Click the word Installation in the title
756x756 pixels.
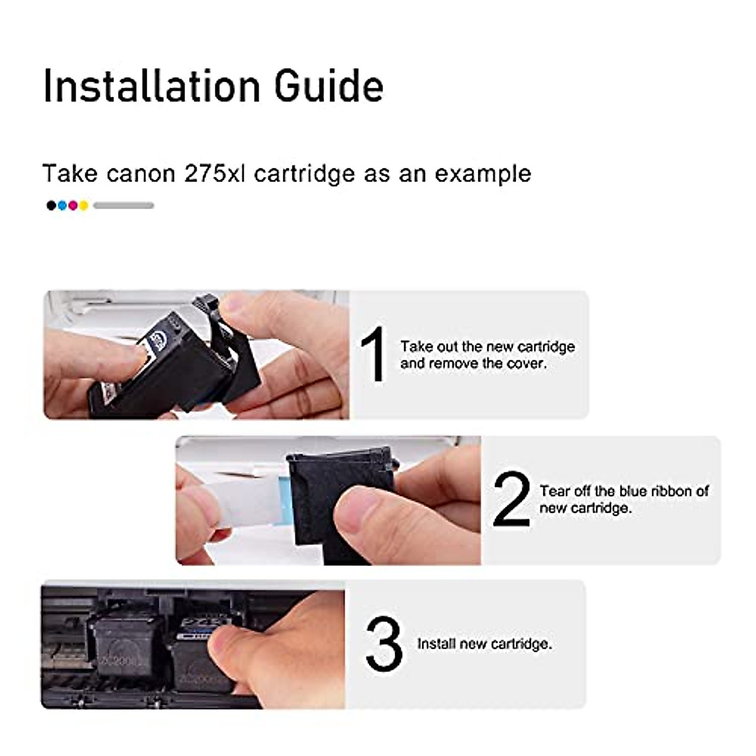pos(151,86)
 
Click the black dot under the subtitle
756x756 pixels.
pos(51,205)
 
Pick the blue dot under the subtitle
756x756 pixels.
pos(62,205)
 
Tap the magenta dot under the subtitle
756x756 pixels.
pos(72,205)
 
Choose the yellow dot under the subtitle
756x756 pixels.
pos(83,205)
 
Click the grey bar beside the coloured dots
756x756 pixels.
pos(123,205)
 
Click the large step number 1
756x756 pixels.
pos(374,355)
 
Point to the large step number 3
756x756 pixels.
pos(383,644)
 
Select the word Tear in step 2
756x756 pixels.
pos(554,491)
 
